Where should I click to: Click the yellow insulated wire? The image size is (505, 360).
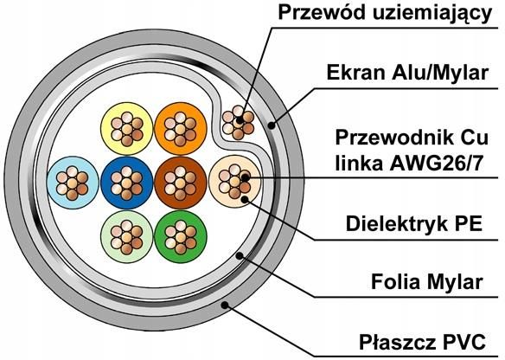coord(126,128)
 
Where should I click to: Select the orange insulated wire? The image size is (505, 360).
coord(179,128)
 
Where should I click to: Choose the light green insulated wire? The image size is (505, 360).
coord(126,235)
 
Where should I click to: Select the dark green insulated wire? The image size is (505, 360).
coord(179,235)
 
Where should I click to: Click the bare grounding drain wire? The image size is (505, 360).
coord(238,120)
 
